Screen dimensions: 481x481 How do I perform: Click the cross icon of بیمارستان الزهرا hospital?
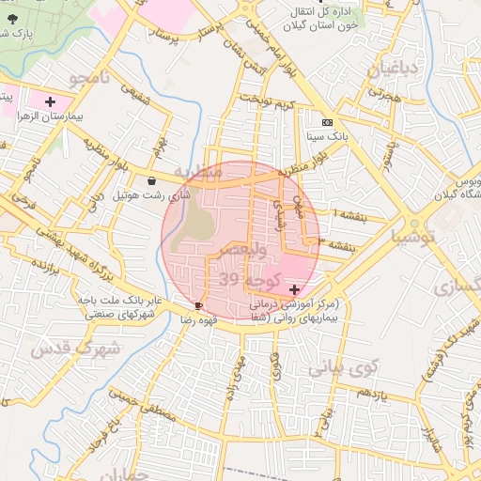point(49,101)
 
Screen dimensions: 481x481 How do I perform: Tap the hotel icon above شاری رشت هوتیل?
point(152,181)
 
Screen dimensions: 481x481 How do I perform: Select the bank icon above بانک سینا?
point(326,123)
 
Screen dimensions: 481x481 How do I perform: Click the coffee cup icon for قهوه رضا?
point(198,305)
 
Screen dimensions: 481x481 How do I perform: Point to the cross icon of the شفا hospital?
point(296,288)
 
